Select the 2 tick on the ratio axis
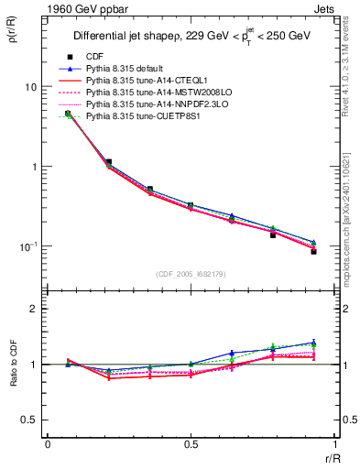point(32,309)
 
